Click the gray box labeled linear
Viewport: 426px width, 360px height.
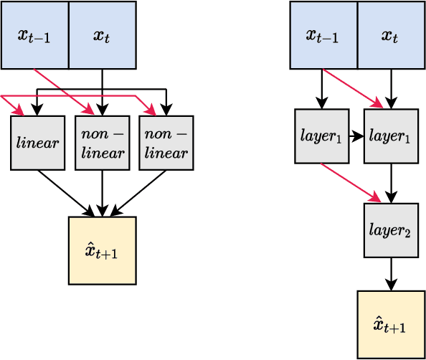37,143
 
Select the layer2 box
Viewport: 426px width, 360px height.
391,230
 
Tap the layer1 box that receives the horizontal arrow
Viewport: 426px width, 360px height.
391,136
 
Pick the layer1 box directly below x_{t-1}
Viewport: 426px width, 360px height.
321,136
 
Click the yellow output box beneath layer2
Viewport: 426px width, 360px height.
391,324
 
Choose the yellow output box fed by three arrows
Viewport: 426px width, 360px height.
102,250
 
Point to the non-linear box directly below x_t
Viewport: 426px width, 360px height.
102,143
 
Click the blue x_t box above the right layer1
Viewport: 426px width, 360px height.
391,35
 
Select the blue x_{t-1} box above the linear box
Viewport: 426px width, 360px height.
34,35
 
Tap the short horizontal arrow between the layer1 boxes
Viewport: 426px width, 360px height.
356,136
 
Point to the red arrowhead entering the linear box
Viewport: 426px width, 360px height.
19,112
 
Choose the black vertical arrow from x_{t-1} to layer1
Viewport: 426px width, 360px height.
321,89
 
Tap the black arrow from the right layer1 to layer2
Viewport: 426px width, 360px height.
391,183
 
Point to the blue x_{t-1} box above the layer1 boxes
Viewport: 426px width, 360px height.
323,35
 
